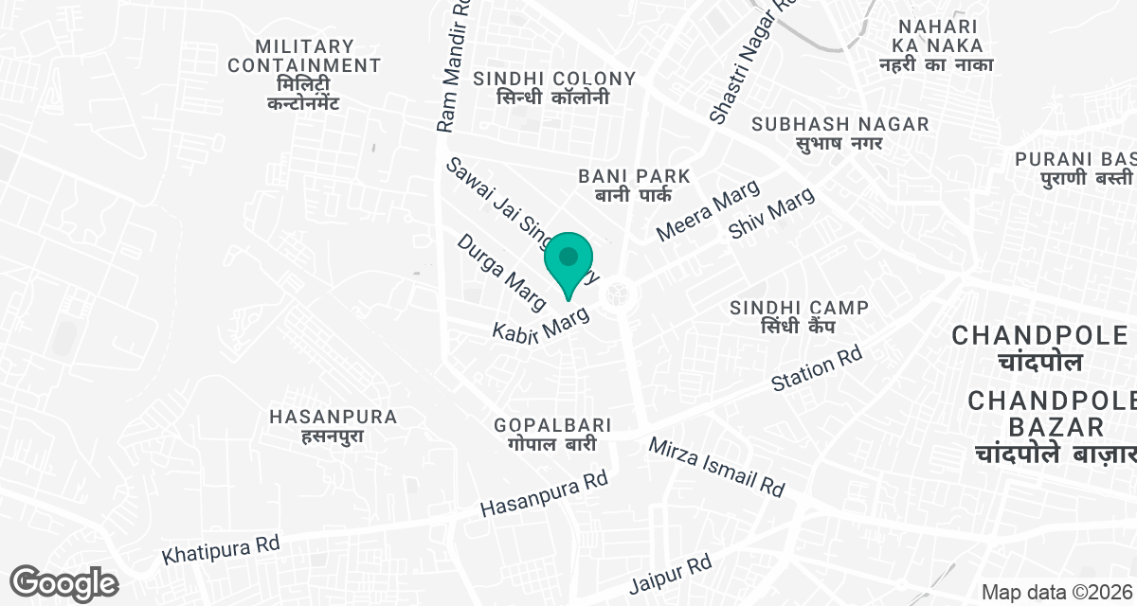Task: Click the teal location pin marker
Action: click(568, 260)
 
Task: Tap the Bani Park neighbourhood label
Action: click(634, 186)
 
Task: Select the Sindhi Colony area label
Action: click(554, 87)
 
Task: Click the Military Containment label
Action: click(304, 74)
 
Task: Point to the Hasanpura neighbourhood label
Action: click(333, 426)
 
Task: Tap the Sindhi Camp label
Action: click(800, 316)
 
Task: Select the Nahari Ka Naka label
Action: click(935, 45)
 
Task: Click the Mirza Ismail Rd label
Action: click(716, 467)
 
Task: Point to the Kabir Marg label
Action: click(541, 324)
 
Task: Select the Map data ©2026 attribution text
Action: click(1056, 593)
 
